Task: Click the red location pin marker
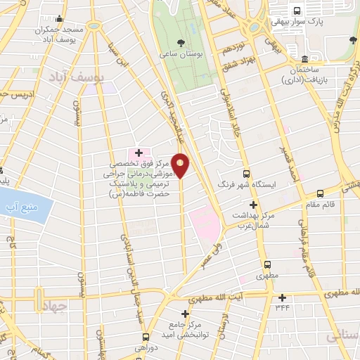pos(181,165)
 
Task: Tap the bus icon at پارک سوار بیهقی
pos(297,11)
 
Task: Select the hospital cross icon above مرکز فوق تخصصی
pos(139,153)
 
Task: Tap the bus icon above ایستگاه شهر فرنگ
pos(246,174)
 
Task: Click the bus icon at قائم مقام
pos(320,193)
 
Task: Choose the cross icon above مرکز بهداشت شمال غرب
pos(253,205)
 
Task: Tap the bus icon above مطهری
pos(267,264)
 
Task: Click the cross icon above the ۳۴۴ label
pos(282,297)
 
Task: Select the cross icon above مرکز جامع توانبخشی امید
pos(186,314)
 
